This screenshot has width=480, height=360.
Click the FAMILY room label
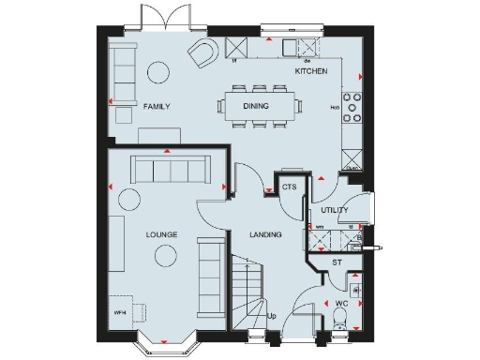pos(157,107)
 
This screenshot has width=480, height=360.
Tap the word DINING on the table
pos(256,107)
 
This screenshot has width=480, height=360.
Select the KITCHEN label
pos(310,71)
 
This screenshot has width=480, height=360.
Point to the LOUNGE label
pos(161,233)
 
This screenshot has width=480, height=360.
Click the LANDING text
pos(265,234)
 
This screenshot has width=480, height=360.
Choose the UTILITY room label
pos(334,211)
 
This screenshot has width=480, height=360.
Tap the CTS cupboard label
pos(290,187)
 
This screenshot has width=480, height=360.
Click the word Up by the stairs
pos(272,315)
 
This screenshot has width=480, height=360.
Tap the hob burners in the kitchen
pos(353,107)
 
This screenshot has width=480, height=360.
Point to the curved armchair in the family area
pos(203,54)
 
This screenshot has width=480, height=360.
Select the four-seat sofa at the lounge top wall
pos(171,170)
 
